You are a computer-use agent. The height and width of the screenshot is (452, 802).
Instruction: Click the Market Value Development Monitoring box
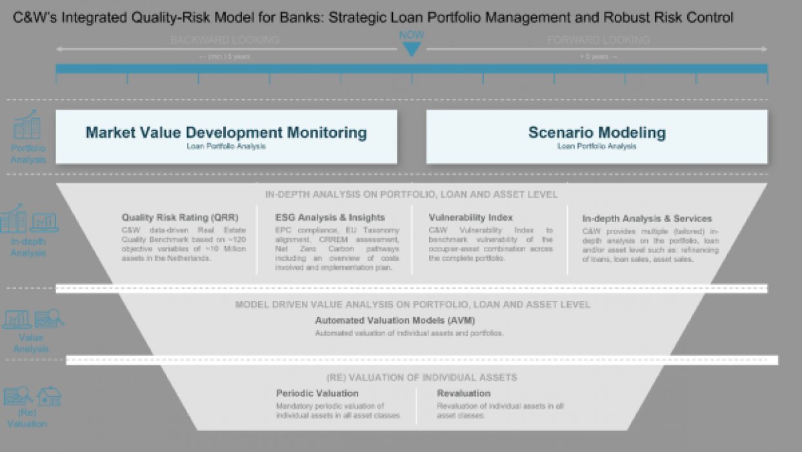tap(226, 136)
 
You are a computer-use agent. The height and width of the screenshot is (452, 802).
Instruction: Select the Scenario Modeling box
tap(597, 136)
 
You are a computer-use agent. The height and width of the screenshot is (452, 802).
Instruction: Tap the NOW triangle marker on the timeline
tap(411, 48)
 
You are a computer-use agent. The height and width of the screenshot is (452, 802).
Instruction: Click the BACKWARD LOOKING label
tap(225, 40)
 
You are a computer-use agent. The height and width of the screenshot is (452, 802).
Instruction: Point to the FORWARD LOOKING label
tap(598, 40)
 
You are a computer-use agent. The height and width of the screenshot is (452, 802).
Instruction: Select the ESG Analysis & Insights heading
tap(330, 218)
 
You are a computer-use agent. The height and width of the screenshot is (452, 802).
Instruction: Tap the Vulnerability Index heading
tap(470, 218)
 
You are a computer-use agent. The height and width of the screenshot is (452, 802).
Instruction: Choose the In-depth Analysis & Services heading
tap(647, 219)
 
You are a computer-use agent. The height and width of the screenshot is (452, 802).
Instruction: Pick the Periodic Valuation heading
tap(317, 393)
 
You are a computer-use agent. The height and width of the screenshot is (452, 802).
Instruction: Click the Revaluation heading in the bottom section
tap(463, 393)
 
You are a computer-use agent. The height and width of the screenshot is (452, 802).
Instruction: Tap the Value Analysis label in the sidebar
tap(30, 343)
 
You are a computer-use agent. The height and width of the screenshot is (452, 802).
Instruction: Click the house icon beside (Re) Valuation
tap(49, 396)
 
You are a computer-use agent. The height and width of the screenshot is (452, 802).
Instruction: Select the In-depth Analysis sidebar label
tap(28, 247)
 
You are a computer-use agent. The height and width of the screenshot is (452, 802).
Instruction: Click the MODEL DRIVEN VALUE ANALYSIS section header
tap(412, 304)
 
